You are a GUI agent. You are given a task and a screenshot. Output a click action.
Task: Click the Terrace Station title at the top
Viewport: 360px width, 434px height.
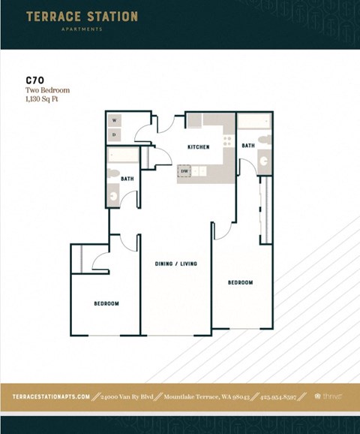[x=82, y=16]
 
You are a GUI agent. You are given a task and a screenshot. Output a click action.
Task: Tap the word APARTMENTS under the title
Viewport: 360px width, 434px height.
[x=82, y=29]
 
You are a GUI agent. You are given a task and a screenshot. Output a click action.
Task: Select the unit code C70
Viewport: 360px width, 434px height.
[x=34, y=80]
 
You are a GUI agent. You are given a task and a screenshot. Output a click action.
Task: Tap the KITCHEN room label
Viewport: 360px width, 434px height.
[x=199, y=147]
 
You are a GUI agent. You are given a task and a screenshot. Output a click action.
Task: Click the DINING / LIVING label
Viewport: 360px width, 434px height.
[x=176, y=264]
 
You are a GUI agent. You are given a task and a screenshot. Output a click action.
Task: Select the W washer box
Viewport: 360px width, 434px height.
[x=115, y=120]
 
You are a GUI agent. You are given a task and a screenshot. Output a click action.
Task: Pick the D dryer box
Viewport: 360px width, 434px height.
[x=115, y=135]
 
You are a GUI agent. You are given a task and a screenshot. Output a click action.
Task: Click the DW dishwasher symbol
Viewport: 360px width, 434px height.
[x=184, y=171]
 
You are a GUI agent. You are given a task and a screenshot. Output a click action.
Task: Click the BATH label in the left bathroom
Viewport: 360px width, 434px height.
[x=127, y=179]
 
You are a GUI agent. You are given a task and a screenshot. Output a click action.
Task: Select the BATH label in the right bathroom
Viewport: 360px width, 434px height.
[x=248, y=146]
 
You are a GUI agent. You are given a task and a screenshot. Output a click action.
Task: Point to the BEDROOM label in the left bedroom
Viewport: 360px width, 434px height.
[x=106, y=303]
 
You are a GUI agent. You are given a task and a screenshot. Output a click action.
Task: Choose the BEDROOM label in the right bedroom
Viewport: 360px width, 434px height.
[x=240, y=282]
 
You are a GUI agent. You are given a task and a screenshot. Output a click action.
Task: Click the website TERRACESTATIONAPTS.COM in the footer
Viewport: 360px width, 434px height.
[x=52, y=396]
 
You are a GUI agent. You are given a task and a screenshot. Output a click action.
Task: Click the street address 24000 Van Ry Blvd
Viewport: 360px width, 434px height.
[x=126, y=396]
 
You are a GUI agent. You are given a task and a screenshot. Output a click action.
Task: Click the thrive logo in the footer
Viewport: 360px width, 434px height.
[x=329, y=396]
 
